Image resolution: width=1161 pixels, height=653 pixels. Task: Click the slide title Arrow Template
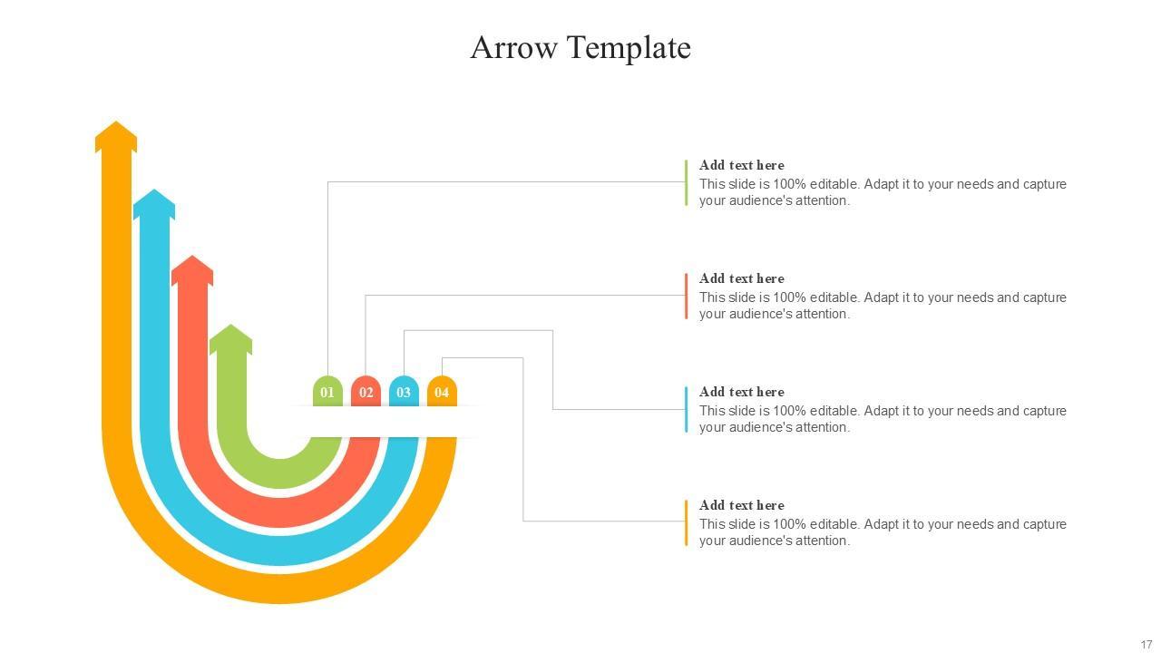coord(580,47)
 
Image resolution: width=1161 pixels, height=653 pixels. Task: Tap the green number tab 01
coord(327,392)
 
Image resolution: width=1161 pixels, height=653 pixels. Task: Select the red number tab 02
coord(366,392)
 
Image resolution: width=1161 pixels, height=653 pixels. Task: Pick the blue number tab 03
coord(404,392)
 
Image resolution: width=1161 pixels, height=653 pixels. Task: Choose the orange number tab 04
coord(442,392)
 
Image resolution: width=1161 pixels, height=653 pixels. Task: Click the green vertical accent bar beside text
coord(686,182)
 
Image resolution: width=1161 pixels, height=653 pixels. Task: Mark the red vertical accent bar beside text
coord(686,296)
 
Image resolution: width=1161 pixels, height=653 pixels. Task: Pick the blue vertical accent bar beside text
coord(686,409)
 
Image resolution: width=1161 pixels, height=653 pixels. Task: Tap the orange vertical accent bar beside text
coord(686,522)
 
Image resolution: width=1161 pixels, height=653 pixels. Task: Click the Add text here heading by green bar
coord(741,165)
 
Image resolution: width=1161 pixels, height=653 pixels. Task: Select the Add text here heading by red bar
coord(741,278)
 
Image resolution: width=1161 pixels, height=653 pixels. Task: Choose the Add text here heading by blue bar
coord(741,392)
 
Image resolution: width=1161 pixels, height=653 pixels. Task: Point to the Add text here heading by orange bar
coord(741,505)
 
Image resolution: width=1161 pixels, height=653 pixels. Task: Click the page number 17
coord(1146,645)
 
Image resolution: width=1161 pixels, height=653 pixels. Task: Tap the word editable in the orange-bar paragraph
coord(834,524)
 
